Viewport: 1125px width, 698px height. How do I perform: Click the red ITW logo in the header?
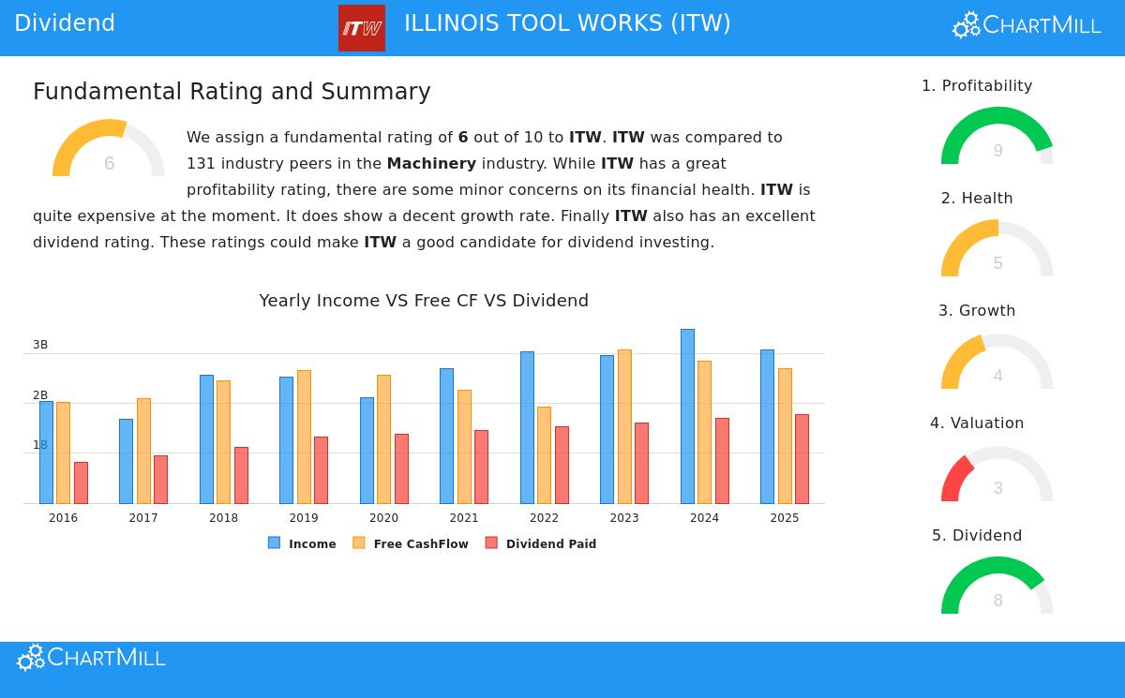pos(361,28)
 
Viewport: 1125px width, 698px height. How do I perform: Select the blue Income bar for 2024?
pos(687,416)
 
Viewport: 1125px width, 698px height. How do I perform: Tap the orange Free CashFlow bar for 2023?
pos(624,426)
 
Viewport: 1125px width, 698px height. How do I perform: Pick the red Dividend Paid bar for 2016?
pos(81,483)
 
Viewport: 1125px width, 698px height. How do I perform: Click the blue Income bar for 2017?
pos(126,461)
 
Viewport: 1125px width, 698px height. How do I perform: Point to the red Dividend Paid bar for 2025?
pos(802,459)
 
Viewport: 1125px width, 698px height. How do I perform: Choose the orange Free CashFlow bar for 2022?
pos(544,455)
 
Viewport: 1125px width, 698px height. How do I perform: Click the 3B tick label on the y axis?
pos(40,345)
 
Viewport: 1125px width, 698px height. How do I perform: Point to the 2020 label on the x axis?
pos(383,518)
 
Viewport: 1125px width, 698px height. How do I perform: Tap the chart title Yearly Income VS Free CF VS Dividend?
pos(424,301)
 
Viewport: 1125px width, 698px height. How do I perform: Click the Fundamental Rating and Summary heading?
pos(232,92)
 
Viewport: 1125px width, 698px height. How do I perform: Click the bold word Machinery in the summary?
pos(431,164)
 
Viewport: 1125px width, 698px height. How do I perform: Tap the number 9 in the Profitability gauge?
pos(997,151)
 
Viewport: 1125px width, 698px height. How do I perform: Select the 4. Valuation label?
pos(977,423)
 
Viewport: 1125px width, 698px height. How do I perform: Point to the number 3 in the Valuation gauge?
pos(997,488)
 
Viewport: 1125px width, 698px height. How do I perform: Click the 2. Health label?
pos(977,199)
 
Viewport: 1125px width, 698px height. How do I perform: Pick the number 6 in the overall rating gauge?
pos(109,164)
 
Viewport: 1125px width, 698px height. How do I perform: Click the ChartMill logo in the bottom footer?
pos(91,658)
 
